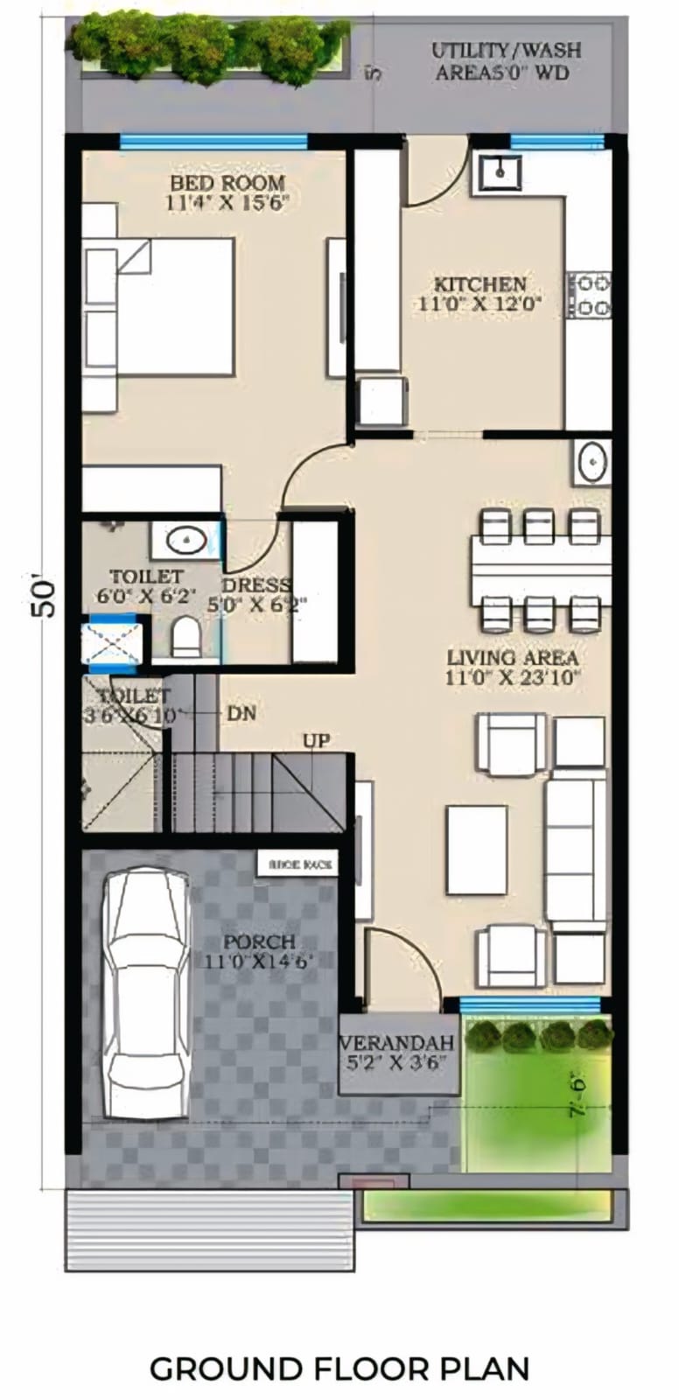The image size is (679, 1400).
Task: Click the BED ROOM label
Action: (x=227, y=184)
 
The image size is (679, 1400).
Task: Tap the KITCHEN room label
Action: (x=480, y=285)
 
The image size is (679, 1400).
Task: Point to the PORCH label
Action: (x=258, y=942)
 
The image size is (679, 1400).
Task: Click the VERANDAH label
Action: (x=396, y=1043)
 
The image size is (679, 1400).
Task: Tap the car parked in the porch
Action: (x=146, y=993)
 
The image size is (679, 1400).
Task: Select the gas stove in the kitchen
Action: (x=590, y=296)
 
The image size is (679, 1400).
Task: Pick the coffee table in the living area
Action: (x=477, y=850)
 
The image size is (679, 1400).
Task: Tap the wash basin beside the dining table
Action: (x=592, y=462)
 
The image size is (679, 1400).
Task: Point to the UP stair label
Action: (x=316, y=741)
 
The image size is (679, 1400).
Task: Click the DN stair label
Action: (x=241, y=713)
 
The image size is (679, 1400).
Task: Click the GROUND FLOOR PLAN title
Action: (x=339, y=1368)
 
